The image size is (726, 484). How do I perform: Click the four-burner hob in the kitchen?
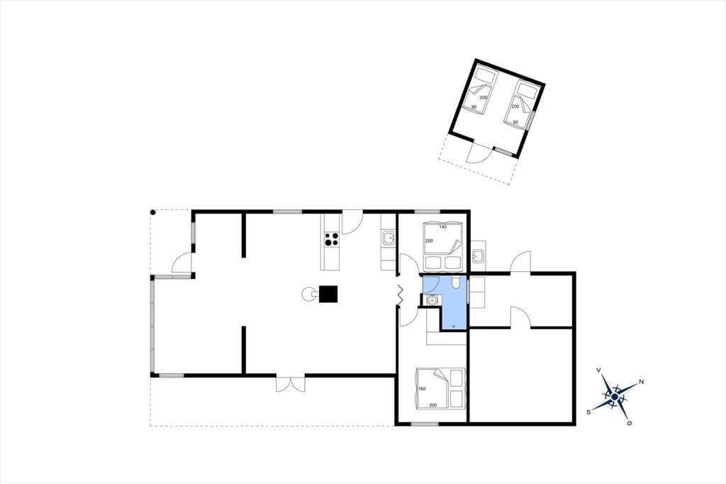(x=332, y=238)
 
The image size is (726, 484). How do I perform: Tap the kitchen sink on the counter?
(x=388, y=238)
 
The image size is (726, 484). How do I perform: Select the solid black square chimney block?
(x=328, y=294)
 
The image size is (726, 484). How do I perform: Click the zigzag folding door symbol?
(x=400, y=295)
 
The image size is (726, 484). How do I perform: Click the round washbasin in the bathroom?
(x=432, y=300)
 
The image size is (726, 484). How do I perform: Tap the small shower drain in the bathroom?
(x=453, y=326)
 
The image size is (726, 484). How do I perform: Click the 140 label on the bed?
(x=442, y=226)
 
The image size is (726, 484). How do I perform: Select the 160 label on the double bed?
(x=422, y=388)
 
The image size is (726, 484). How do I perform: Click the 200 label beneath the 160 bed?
(x=433, y=405)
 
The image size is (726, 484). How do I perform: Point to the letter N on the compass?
(x=641, y=382)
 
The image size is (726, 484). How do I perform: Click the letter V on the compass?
(x=598, y=370)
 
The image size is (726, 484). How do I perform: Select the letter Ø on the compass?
(x=630, y=423)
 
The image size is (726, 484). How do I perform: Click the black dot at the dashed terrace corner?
(x=153, y=212)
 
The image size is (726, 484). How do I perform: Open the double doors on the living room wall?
(x=291, y=384)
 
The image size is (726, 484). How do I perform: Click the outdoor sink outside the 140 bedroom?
(x=479, y=255)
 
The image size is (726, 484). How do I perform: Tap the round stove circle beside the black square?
(x=308, y=294)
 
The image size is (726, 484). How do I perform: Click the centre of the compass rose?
(x=614, y=397)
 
